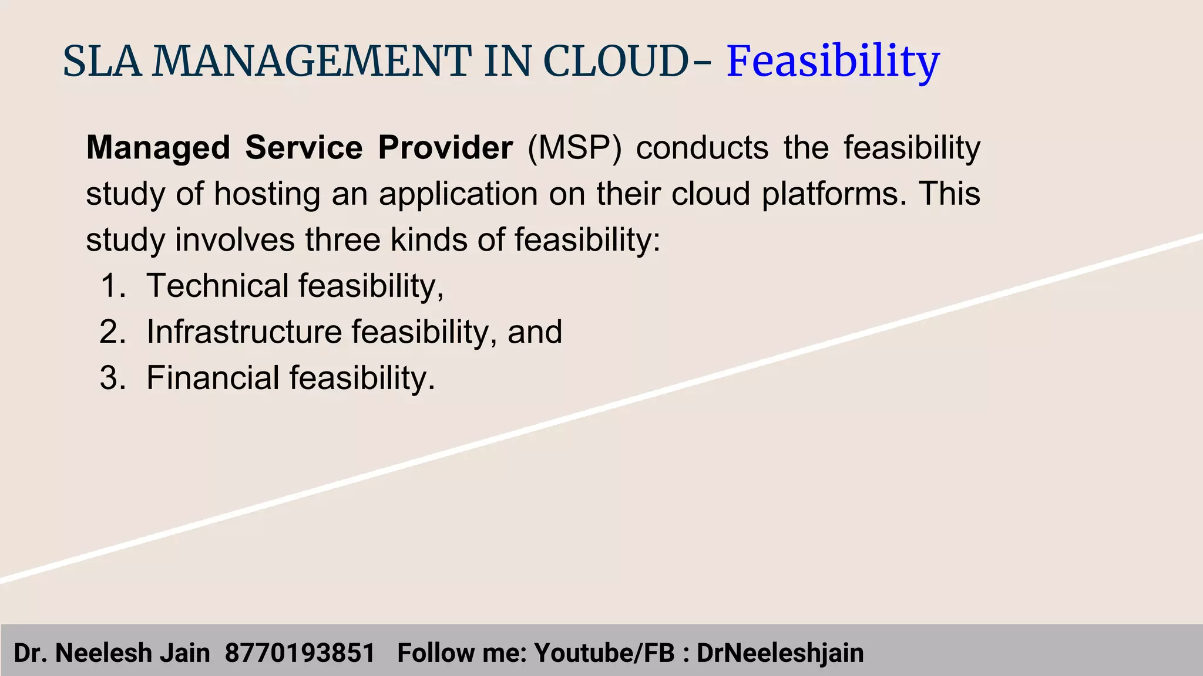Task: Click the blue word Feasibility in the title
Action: (x=833, y=62)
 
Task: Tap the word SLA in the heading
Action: (x=102, y=62)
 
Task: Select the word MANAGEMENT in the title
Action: (x=311, y=62)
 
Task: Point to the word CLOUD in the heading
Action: (x=615, y=62)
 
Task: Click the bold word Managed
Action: (x=158, y=148)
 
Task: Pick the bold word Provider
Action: (x=445, y=148)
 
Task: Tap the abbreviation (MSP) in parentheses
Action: (x=574, y=148)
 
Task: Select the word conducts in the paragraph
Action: (x=702, y=148)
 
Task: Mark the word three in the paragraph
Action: (x=342, y=240)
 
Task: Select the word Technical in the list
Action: (x=217, y=286)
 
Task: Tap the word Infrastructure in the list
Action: (x=244, y=332)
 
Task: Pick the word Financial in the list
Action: (x=213, y=378)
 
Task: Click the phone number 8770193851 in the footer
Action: (x=300, y=653)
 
